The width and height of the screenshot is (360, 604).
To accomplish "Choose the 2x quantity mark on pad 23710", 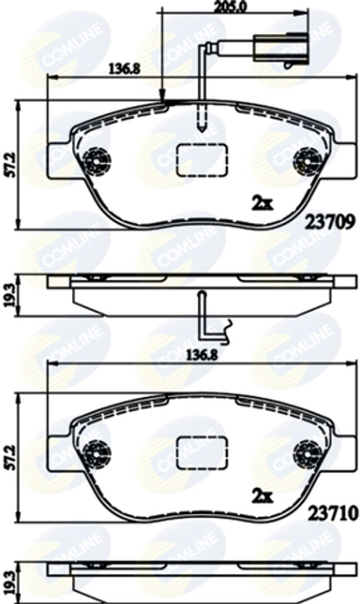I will (262, 496).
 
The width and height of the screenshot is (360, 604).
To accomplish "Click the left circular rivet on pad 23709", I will (93, 162).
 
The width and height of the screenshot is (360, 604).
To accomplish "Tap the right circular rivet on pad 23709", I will (307, 162).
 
